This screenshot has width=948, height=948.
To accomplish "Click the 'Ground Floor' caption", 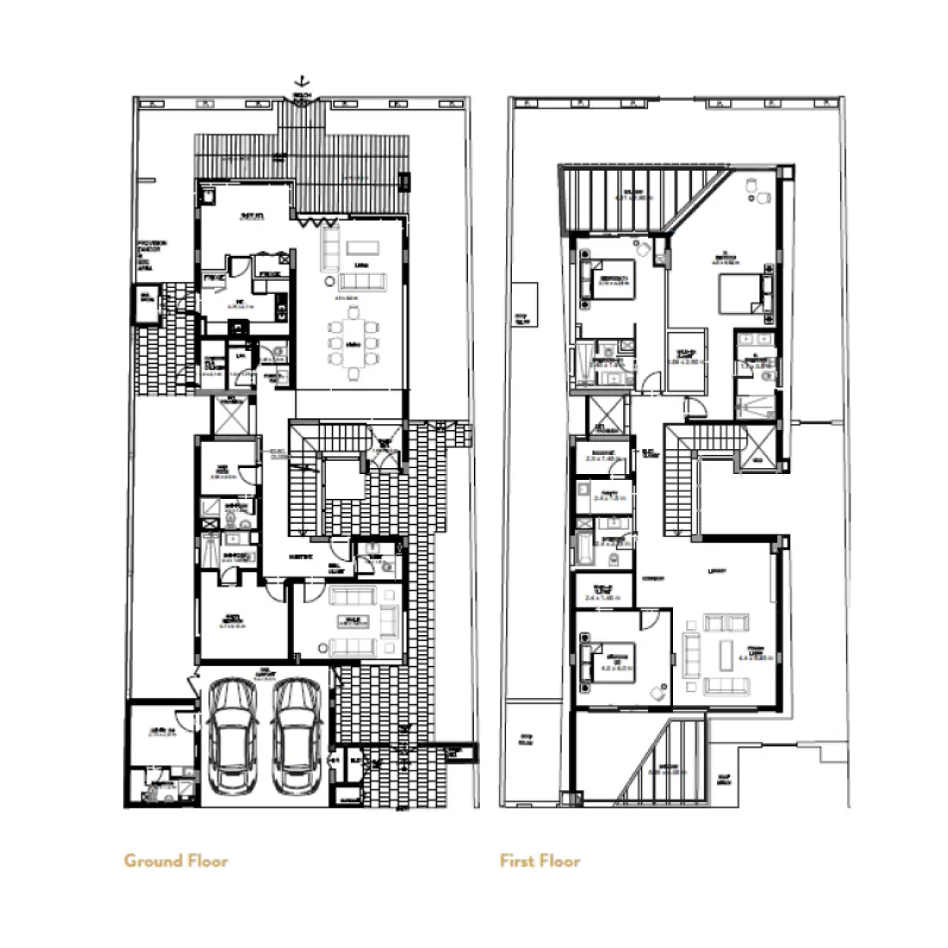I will [x=176, y=860].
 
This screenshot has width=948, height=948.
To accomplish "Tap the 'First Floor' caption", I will [x=539, y=860].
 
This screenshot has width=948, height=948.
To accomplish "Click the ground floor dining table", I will [x=352, y=349].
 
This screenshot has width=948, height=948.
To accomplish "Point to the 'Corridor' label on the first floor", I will [x=652, y=579].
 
